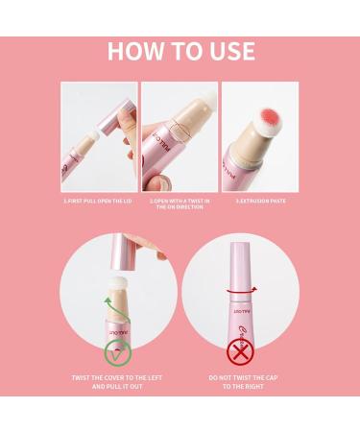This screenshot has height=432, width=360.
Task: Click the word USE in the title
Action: tap(228, 50)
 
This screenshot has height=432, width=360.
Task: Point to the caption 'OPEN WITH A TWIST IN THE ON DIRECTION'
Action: tap(180, 204)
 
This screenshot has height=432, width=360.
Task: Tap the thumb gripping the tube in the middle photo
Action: tap(162, 133)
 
